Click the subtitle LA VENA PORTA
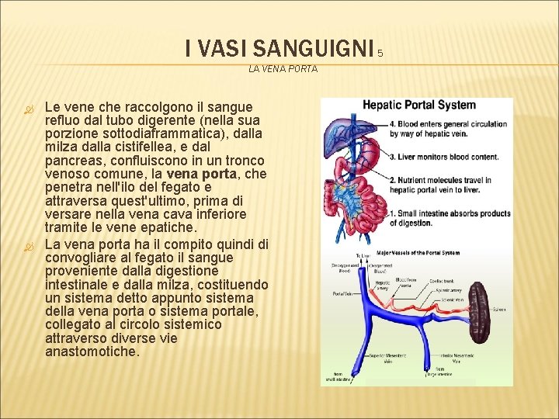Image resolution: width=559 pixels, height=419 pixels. pyautogui.click(x=283, y=69)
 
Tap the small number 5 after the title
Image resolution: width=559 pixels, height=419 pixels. pyautogui.click(x=380, y=54)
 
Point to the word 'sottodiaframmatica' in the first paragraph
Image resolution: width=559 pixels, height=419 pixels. pyautogui.click(x=173, y=134)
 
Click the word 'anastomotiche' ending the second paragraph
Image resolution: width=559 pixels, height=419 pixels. pyautogui.click(x=92, y=351)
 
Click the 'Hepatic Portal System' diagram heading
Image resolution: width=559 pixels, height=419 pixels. pyautogui.click(x=419, y=106)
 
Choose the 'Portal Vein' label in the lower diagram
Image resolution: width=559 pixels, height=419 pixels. pyautogui.click(x=342, y=294)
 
